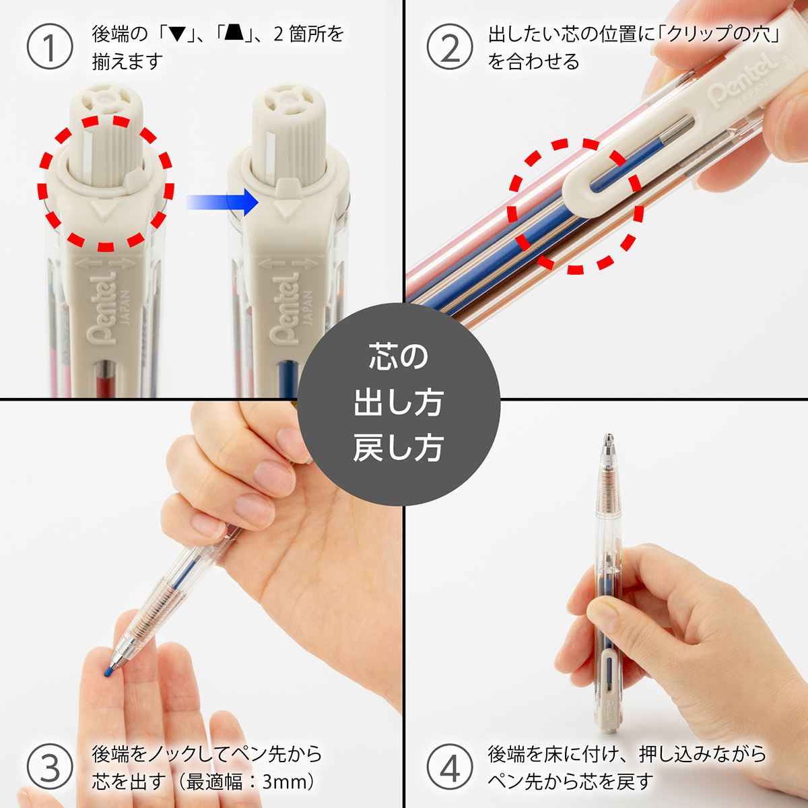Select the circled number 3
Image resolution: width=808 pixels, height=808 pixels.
click(49, 768)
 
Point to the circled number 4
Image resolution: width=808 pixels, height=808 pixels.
click(449, 768)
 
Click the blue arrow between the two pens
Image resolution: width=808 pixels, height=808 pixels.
click(222, 201)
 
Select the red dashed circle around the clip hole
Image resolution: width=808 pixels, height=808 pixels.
click(576, 205)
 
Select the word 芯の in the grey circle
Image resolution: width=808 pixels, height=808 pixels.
click(398, 357)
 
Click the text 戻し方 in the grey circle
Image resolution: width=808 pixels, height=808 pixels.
click(398, 448)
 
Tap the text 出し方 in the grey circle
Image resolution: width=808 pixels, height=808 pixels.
click(398, 403)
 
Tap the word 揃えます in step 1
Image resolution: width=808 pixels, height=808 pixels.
click(127, 62)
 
